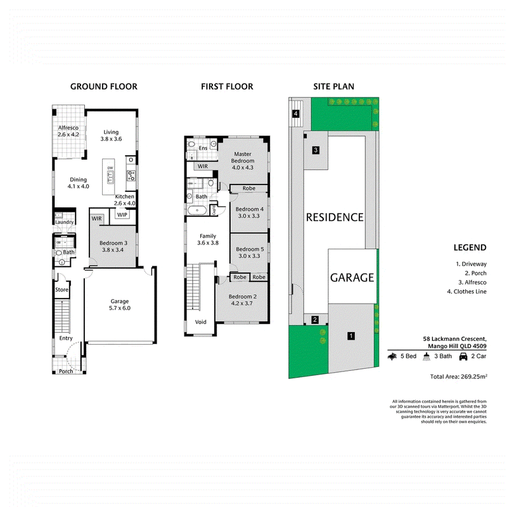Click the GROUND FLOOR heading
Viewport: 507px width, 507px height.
pyautogui.click(x=104, y=86)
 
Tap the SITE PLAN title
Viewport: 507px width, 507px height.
pyautogui.click(x=334, y=86)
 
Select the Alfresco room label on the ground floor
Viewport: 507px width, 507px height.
pyautogui.click(x=68, y=131)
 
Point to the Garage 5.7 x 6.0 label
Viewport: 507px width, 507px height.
pyautogui.click(x=120, y=305)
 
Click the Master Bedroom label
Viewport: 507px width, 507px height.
pyautogui.click(x=243, y=161)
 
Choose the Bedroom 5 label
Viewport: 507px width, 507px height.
pyautogui.click(x=250, y=252)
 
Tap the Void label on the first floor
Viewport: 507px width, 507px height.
pyautogui.click(x=200, y=322)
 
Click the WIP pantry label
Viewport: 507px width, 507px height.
pyautogui.click(x=122, y=215)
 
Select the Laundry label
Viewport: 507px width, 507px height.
pyautogui.click(x=65, y=222)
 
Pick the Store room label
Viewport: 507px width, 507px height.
pyautogui.click(x=61, y=290)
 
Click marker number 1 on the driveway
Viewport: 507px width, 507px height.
pyautogui.click(x=351, y=336)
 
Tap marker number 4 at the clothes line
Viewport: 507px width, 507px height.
pyautogui.click(x=295, y=113)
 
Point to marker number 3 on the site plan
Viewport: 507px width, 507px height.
pyautogui.click(x=316, y=150)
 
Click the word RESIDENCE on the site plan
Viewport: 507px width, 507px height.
pyautogui.click(x=335, y=217)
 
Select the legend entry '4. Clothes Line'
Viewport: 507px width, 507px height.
pyautogui.click(x=466, y=292)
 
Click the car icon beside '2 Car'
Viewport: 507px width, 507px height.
pyautogui.click(x=463, y=356)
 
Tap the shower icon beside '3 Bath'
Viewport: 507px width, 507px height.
pyautogui.click(x=427, y=356)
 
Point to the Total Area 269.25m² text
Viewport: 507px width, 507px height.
pyautogui.click(x=458, y=376)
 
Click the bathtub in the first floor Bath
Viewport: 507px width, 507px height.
pyautogui.click(x=197, y=210)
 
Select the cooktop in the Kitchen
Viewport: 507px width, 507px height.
pyautogui.click(x=131, y=176)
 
